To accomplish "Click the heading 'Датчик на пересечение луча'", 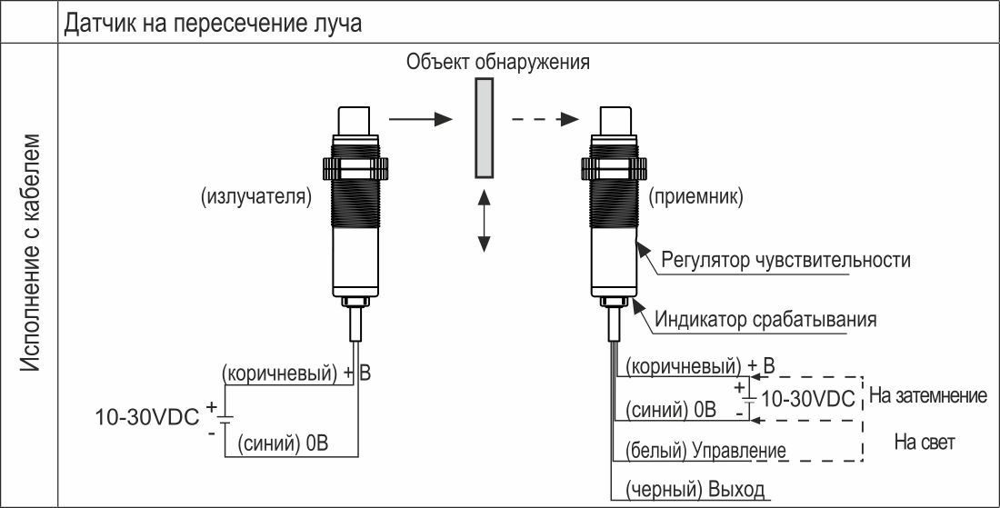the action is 213,24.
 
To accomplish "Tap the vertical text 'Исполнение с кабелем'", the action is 30,254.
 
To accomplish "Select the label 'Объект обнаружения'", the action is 497,63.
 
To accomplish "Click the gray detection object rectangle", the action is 484,127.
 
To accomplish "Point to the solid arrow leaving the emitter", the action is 420,119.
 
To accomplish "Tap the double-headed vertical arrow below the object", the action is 484,220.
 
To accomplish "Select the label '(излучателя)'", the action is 256,197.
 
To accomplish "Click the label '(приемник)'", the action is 695,197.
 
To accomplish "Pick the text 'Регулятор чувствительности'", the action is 785,260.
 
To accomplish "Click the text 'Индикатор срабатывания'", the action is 765,319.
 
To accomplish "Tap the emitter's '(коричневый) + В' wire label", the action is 296,374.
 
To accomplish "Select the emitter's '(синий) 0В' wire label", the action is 283,443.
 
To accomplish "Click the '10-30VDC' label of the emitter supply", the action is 147,417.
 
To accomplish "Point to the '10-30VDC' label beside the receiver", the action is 809,399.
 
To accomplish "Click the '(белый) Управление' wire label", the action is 705,451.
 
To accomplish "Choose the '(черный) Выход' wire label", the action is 695,490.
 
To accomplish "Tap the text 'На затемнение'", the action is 928,396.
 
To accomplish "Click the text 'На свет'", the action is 925,443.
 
